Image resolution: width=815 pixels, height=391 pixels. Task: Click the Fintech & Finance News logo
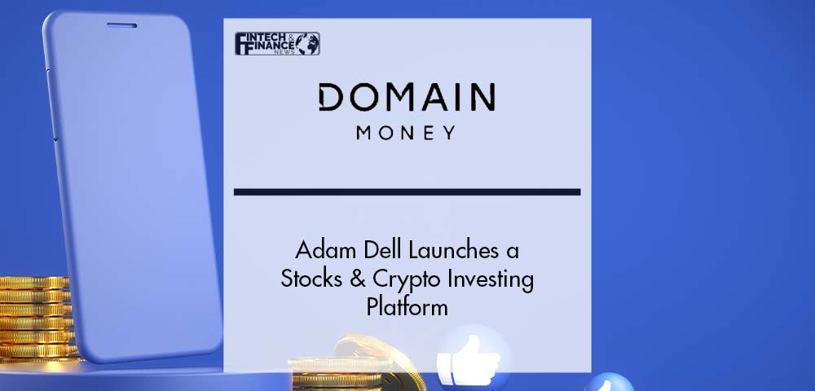pos(277,44)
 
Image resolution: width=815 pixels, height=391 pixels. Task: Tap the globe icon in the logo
pos(308,44)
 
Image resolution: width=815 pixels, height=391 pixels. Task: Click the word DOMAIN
pos(407,97)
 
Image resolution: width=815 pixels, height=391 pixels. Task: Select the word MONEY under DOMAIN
pos(406,133)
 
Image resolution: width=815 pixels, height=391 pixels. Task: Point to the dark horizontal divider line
pos(407,192)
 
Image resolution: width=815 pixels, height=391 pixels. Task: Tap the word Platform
pos(407,307)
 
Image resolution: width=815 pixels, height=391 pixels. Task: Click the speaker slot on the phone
pos(121,25)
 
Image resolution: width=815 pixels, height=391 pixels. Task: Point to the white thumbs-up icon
pos(468,359)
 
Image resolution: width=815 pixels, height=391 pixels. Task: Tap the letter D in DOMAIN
pos(331,98)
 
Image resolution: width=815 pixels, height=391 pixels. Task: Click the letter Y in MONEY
pos(449,133)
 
